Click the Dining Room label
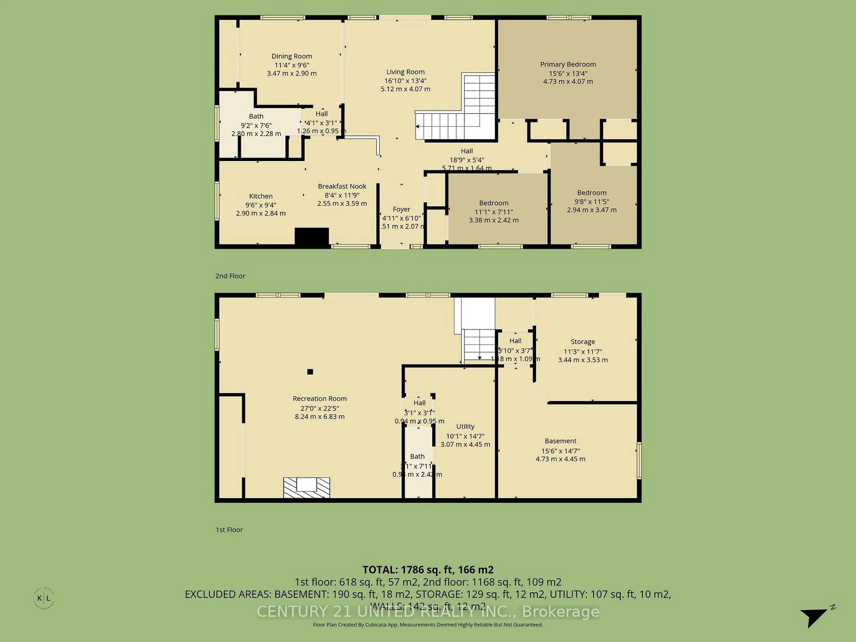(x=291, y=56)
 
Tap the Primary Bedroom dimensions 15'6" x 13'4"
(x=568, y=73)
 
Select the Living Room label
(x=405, y=72)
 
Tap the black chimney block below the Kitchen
(x=311, y=237)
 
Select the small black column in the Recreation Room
(x=310, y=372)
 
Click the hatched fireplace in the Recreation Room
(x=307, y=487)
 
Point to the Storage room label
(x=582, y=342)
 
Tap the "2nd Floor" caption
(x=230, y=276)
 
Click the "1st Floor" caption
(x=229, y=530)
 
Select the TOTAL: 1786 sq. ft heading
(x=428, y=570)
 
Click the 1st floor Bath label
(x=417, y=457)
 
